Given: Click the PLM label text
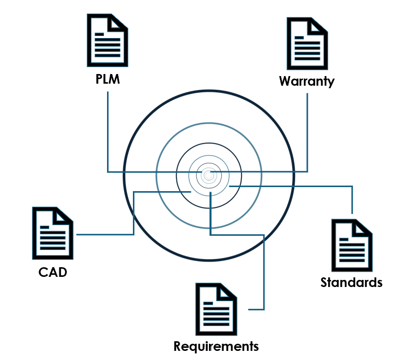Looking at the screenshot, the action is point(108,79).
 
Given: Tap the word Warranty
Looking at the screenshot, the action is point(307,81).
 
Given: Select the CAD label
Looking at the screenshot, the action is point(53,272).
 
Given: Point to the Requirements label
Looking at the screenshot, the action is point(216,347).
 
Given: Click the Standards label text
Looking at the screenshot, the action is point(352,282).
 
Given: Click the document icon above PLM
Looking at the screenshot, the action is point(108,40).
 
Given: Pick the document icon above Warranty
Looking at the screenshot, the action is point(307,44).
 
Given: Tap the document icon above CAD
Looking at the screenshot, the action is point(53,233).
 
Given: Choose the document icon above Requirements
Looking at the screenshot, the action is point(216,309).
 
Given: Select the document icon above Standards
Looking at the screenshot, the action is point(352,245).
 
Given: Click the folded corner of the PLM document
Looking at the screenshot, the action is point(117,22).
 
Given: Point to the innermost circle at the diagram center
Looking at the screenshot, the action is point(208,175).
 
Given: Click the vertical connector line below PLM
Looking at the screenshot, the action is point(108,132).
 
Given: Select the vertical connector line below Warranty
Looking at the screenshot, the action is point(307,132).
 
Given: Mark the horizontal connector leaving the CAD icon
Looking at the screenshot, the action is point(105,234).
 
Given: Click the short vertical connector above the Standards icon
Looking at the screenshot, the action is point(352,200).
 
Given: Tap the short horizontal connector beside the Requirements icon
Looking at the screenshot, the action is point(256,309).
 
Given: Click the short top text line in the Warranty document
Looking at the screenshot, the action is point(299,38).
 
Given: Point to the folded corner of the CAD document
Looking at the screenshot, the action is point(63,215).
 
